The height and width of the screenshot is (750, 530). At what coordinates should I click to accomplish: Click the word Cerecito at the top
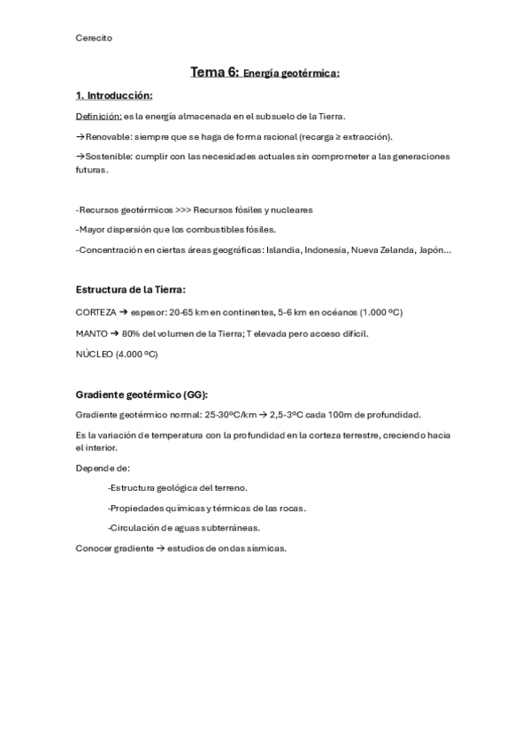(x=94, y=37)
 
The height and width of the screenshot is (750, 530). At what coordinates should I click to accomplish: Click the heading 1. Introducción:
(x=114, y=96)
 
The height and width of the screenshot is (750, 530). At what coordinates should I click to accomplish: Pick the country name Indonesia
(x=325, y=250)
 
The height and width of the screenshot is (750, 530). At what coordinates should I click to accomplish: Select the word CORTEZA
(x=96, y=312)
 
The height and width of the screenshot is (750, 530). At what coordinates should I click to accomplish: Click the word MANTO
(x=92, y=333)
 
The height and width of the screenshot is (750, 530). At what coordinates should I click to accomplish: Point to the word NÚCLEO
(x=94, y=353)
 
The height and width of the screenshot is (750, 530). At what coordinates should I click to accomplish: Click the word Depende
(x=95, y=468)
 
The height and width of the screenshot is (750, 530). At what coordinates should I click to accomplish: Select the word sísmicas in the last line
(x=267, y=548)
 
